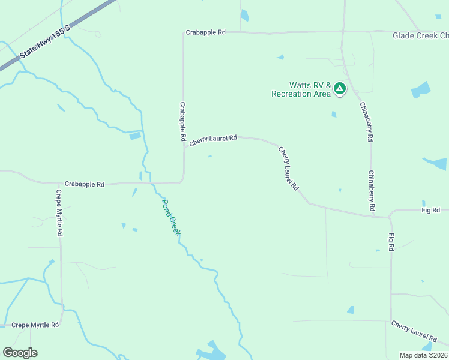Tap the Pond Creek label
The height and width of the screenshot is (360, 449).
[170, 216]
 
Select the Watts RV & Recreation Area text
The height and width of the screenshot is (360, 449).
[301, 89]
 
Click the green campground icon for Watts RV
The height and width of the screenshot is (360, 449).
[340, 89]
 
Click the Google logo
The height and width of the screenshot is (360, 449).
[20, 353]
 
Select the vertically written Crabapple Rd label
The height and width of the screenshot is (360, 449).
[183, 121]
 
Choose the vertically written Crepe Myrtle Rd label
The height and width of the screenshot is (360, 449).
[59, 214]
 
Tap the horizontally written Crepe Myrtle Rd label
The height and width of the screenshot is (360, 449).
[35, 325]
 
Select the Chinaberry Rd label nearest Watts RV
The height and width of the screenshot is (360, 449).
[367, 122]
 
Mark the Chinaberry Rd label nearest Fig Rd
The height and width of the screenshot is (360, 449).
[372, 190]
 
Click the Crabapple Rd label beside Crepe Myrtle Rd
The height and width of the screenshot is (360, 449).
[84, 184]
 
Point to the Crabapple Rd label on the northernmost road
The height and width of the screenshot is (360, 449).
[205, 32]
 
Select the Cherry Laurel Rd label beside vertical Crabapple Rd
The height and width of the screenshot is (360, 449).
[213, 140]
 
